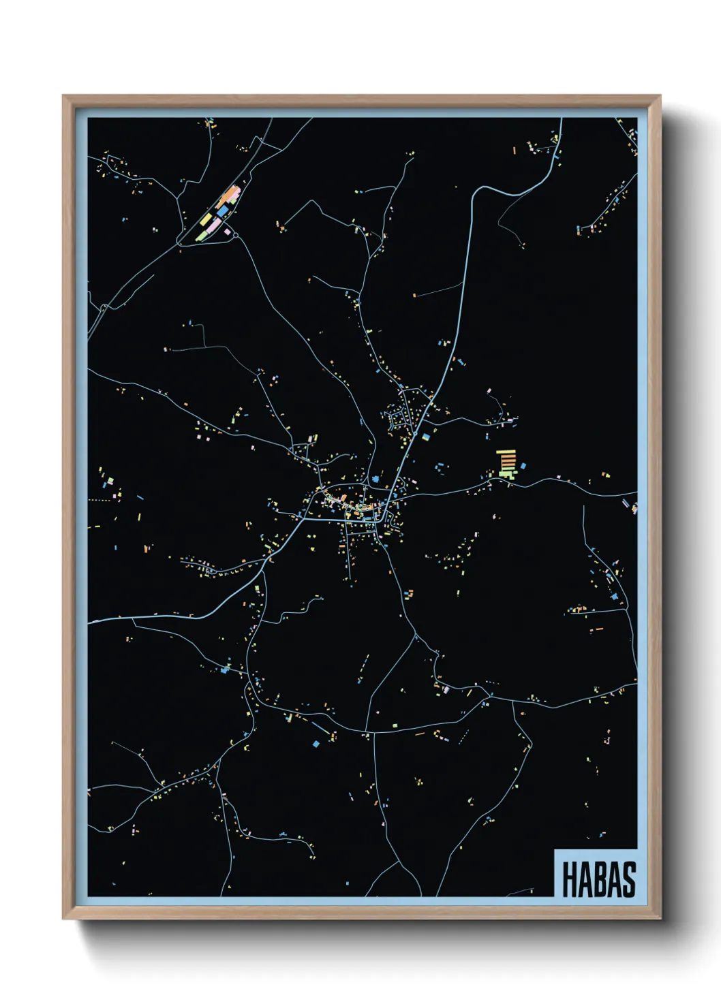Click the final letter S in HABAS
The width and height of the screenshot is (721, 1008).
point(628,879)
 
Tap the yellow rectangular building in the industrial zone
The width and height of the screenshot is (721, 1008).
point(205,219)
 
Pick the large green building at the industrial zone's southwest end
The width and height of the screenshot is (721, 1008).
point(202,235)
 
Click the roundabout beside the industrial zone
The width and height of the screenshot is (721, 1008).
point(236,235)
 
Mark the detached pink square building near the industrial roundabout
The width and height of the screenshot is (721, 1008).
point(227,232)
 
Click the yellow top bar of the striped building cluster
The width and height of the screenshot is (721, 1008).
point(505,451)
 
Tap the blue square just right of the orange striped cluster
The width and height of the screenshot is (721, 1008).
point(523,466)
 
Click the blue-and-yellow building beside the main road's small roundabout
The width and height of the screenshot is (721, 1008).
point(426,436)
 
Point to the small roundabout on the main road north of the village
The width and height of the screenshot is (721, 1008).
point(414,433)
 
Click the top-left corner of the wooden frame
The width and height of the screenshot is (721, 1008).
point(63,96)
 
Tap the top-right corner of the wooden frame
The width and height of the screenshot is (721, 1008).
point(660,96)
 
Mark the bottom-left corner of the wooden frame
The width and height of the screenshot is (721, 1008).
point(63,919)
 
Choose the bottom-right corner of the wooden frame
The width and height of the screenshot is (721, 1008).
point(660,919)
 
